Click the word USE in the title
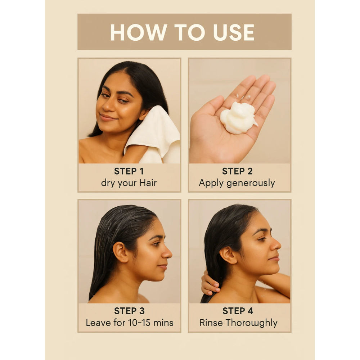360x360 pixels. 234,32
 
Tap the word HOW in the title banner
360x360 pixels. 139,32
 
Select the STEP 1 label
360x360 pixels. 129,171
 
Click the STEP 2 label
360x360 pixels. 237,171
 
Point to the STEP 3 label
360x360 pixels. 129,311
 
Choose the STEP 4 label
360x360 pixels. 238,311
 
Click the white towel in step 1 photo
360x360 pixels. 153,135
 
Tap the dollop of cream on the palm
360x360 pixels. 238,118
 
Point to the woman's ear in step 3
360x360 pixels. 120,252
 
